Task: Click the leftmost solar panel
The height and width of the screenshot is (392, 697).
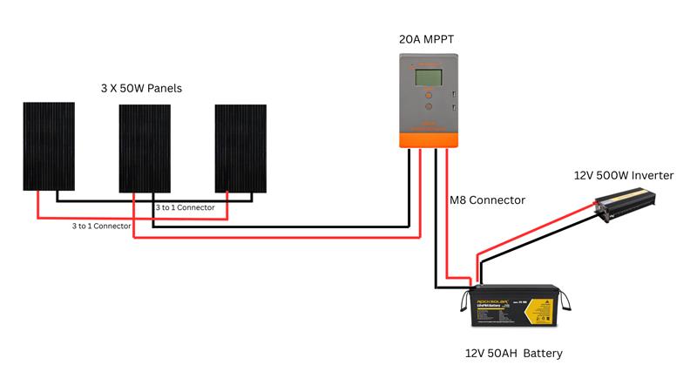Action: (x=48, y=145)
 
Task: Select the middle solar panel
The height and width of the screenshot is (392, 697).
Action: (x=145, y=147)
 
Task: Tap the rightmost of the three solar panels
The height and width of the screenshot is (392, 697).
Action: (x=241, y=147)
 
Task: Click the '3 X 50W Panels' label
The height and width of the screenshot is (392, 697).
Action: (x=141, y=89)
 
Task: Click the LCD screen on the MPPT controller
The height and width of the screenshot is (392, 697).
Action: (x=427, y=78)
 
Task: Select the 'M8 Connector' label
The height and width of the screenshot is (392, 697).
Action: (x=487, y=200)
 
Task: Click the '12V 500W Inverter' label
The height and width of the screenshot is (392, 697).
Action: (x=623, y=175)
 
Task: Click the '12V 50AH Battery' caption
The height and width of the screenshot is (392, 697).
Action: (x=513, y=353)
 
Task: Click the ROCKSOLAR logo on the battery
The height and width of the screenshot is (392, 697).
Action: (x=491, y=295)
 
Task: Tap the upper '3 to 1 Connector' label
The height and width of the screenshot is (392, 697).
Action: (x=184, y=208)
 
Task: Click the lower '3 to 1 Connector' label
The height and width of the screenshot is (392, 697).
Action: (x=101, y=226)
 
